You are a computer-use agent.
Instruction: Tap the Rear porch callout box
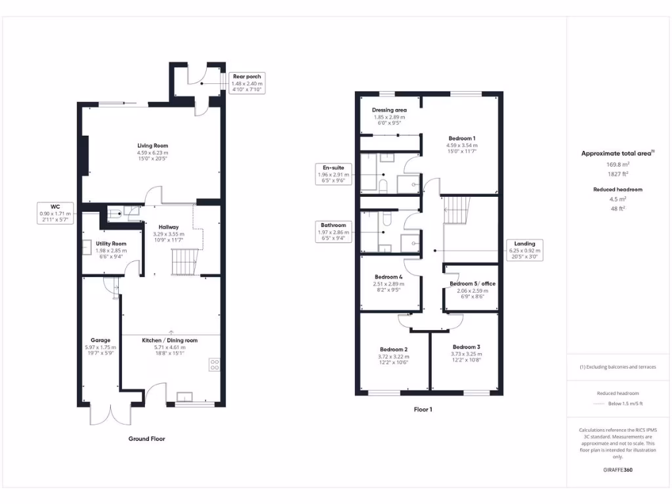coord(246,84)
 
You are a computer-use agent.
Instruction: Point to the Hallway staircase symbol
coord(184,262)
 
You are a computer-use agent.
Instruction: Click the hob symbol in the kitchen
coord(214,365)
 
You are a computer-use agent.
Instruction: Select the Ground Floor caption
coord(146,438)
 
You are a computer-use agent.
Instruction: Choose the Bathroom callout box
coord(334,231)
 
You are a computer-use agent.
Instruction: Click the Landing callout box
coord(525,250)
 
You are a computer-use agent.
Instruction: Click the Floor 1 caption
coord(423,409)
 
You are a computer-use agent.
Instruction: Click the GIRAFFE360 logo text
coord(618,470)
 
